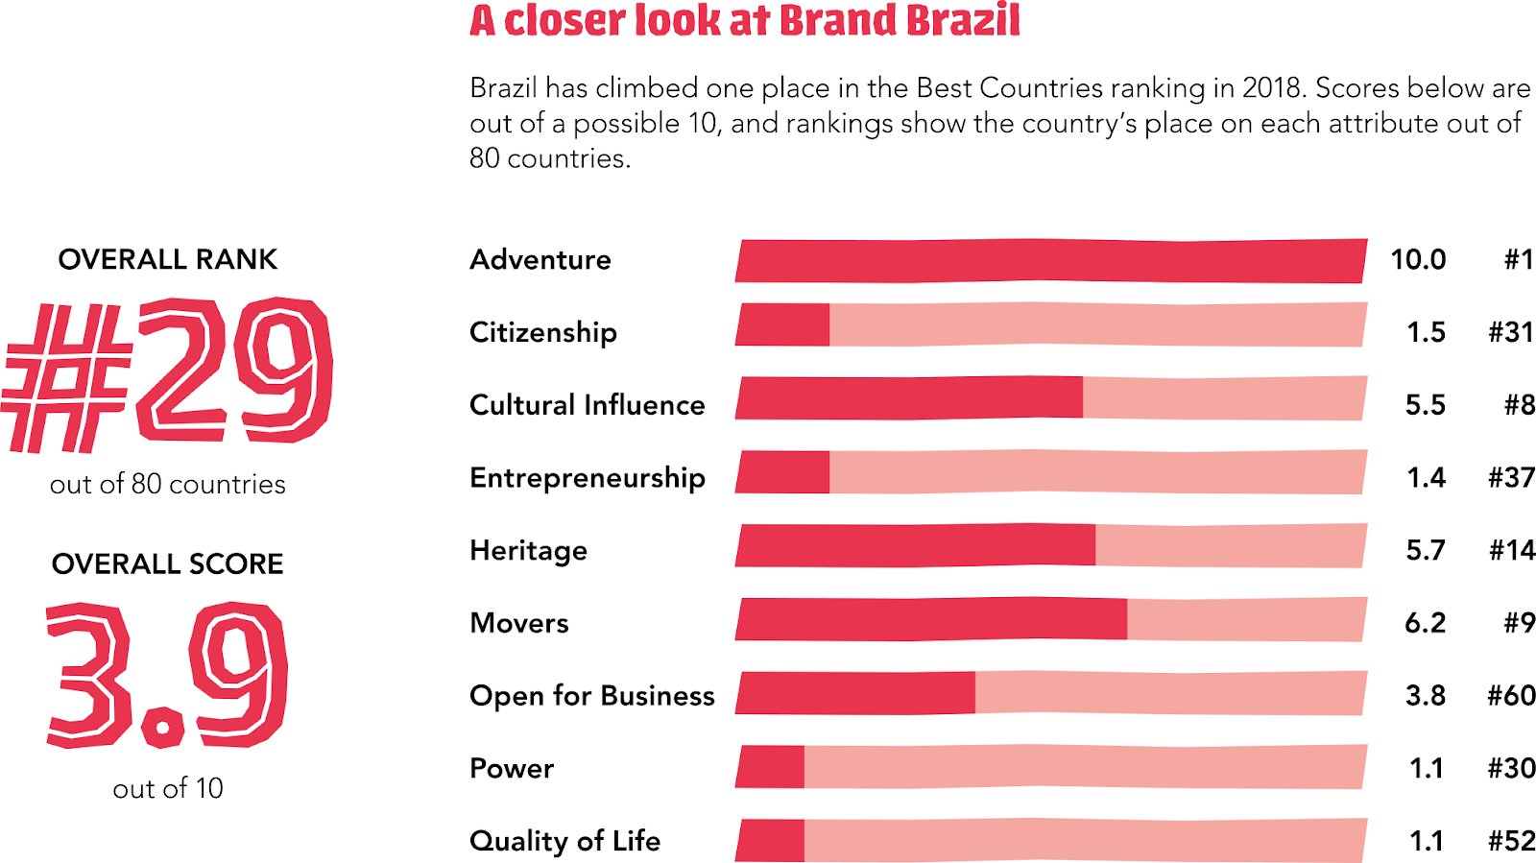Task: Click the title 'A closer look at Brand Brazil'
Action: tap(744, 21)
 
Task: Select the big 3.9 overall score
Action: tap(166, 675)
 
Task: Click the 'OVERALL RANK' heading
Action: tap(167, 259)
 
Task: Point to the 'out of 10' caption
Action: tap(167, 788)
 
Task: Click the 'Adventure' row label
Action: tap(540, 260)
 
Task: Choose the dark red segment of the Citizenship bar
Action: tap(783, 324)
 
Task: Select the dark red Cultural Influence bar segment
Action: tap(910, 397)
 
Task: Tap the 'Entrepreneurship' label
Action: tap(588, 478)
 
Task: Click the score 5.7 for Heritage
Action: tap(1425, 550)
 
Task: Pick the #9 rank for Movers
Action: tap(1519, 623)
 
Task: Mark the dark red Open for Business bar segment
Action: tap(856, 693)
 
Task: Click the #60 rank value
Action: tap(1511, 695)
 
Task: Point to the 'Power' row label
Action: tap(512, 769)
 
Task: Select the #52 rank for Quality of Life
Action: tap(1511, 841)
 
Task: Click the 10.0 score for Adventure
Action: tap(1418, 259)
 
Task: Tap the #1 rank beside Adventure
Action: tap(1519, 259)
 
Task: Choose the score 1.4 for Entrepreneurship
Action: tap(1426, 477)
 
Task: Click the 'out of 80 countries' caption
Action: tap(168, 484)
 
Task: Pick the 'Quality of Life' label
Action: tap(564, 841)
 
